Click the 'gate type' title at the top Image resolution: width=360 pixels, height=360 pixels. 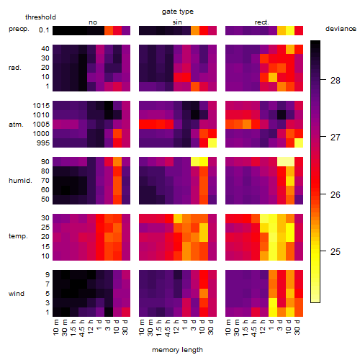point(178,12)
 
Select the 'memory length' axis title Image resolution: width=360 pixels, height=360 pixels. point(177,350)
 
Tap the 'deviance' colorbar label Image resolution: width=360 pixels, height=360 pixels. point(341,29)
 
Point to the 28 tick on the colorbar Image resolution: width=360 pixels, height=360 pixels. point(336,81)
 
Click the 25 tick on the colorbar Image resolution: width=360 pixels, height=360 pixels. point(336,251)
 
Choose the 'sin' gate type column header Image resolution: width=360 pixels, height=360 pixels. point(177,22)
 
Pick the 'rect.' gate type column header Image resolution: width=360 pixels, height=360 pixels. point(262,22)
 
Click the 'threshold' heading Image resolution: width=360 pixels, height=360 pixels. point(40,17)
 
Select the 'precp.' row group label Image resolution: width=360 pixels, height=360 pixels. point(19,29)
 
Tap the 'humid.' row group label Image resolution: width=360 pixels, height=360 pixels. point(20,181)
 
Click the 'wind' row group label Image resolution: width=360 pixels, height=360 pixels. point(17,294)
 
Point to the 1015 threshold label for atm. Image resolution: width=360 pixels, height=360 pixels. point(41,106)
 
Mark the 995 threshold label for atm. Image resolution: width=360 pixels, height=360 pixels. point(43,143)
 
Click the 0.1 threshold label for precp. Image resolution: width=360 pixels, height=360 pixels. point(44,30)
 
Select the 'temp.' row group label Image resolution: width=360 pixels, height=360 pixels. point(18,236)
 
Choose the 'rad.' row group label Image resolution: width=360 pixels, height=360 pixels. point(15,68)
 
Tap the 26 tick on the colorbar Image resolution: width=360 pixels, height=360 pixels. point(336,194)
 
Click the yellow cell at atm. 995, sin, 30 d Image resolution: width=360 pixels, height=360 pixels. point(212,143)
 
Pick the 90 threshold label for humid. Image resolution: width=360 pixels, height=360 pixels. point(45,162)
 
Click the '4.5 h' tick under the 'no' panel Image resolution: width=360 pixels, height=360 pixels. point(82,328)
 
